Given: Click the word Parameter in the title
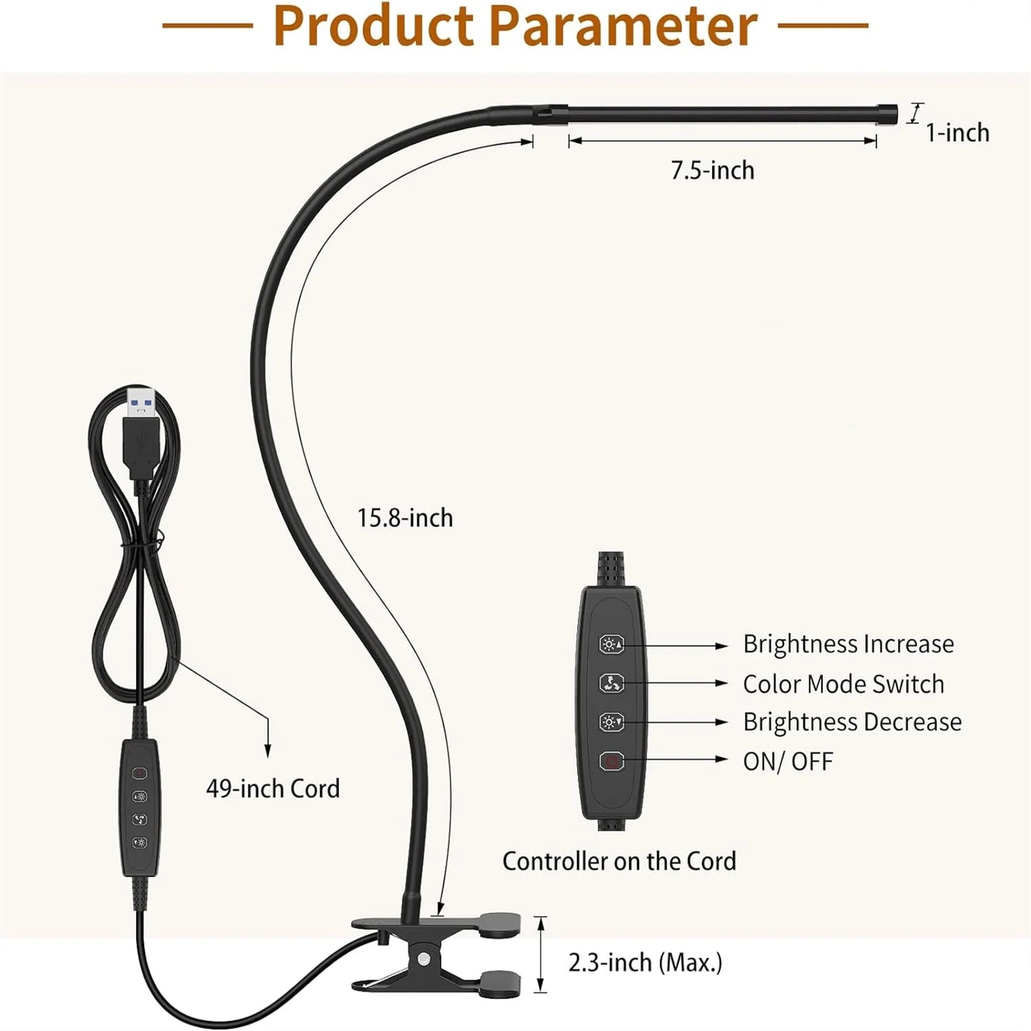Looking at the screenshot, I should [x=624, y=26].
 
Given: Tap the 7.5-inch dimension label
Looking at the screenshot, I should [x=712, y=171].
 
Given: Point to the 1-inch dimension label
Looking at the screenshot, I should [x=958, y=133].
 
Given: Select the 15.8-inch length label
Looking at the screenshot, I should [x=405, y=518].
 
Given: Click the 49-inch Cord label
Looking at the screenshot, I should [x=273, y=789].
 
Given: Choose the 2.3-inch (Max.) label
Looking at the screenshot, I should [x=645, y=963].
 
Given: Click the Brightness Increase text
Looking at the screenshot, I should [x=848, y=644].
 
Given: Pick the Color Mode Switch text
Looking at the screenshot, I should [x=843, y=684].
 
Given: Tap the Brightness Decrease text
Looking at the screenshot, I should [x=852, y=722].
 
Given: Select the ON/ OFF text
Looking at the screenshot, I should [x=788, y=761].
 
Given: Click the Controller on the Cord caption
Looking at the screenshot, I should [x=619, y=861].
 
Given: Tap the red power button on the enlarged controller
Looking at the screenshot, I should [x=611, y=761].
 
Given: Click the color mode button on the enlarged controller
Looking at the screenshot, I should [x=611, y=684].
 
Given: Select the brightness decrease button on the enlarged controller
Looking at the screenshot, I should [x=611, y=722].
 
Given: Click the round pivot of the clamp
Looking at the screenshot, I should [x=425, y=958].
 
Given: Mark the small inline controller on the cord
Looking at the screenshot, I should [x=140, y=806].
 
